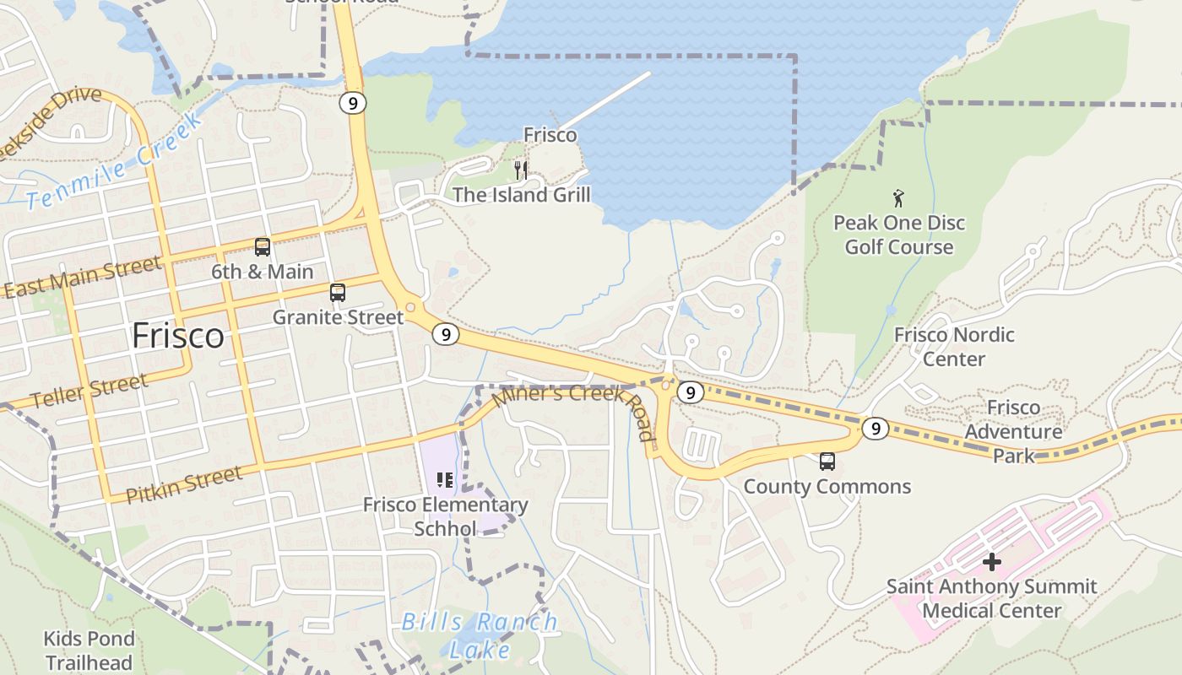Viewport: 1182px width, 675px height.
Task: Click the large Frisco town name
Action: (x=178, y=336)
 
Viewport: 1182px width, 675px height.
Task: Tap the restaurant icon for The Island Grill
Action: (x=521, y=170)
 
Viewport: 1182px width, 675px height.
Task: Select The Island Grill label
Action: (x=521, y=195)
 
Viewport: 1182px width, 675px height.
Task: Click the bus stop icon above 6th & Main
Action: (x=263, y=247)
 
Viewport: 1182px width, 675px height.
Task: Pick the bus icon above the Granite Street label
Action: (x=338, y=293)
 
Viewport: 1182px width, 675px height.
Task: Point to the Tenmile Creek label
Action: (x=115, y=161)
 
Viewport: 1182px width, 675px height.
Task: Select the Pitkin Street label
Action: (x=183, y=483)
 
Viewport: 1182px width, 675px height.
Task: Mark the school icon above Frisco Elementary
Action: (x=445, y=481)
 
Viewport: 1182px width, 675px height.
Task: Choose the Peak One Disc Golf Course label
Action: (x=899, y=235)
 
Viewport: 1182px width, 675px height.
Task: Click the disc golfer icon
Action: (x=898, y=199)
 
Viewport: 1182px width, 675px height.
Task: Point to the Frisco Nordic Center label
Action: (x=954, y=347)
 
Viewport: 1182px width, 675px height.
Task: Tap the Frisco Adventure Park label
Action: (x=1013, y=431)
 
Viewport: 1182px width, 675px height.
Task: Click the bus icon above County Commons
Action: (x=827, y=462)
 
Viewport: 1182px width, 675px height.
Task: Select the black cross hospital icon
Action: (x=992, y=561)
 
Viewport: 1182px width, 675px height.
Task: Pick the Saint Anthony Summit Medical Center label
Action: (x=991, y=598)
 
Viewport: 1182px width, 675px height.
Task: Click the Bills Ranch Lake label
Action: (x=480, y=635)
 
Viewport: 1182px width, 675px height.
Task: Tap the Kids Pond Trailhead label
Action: (x=89, y=650)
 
